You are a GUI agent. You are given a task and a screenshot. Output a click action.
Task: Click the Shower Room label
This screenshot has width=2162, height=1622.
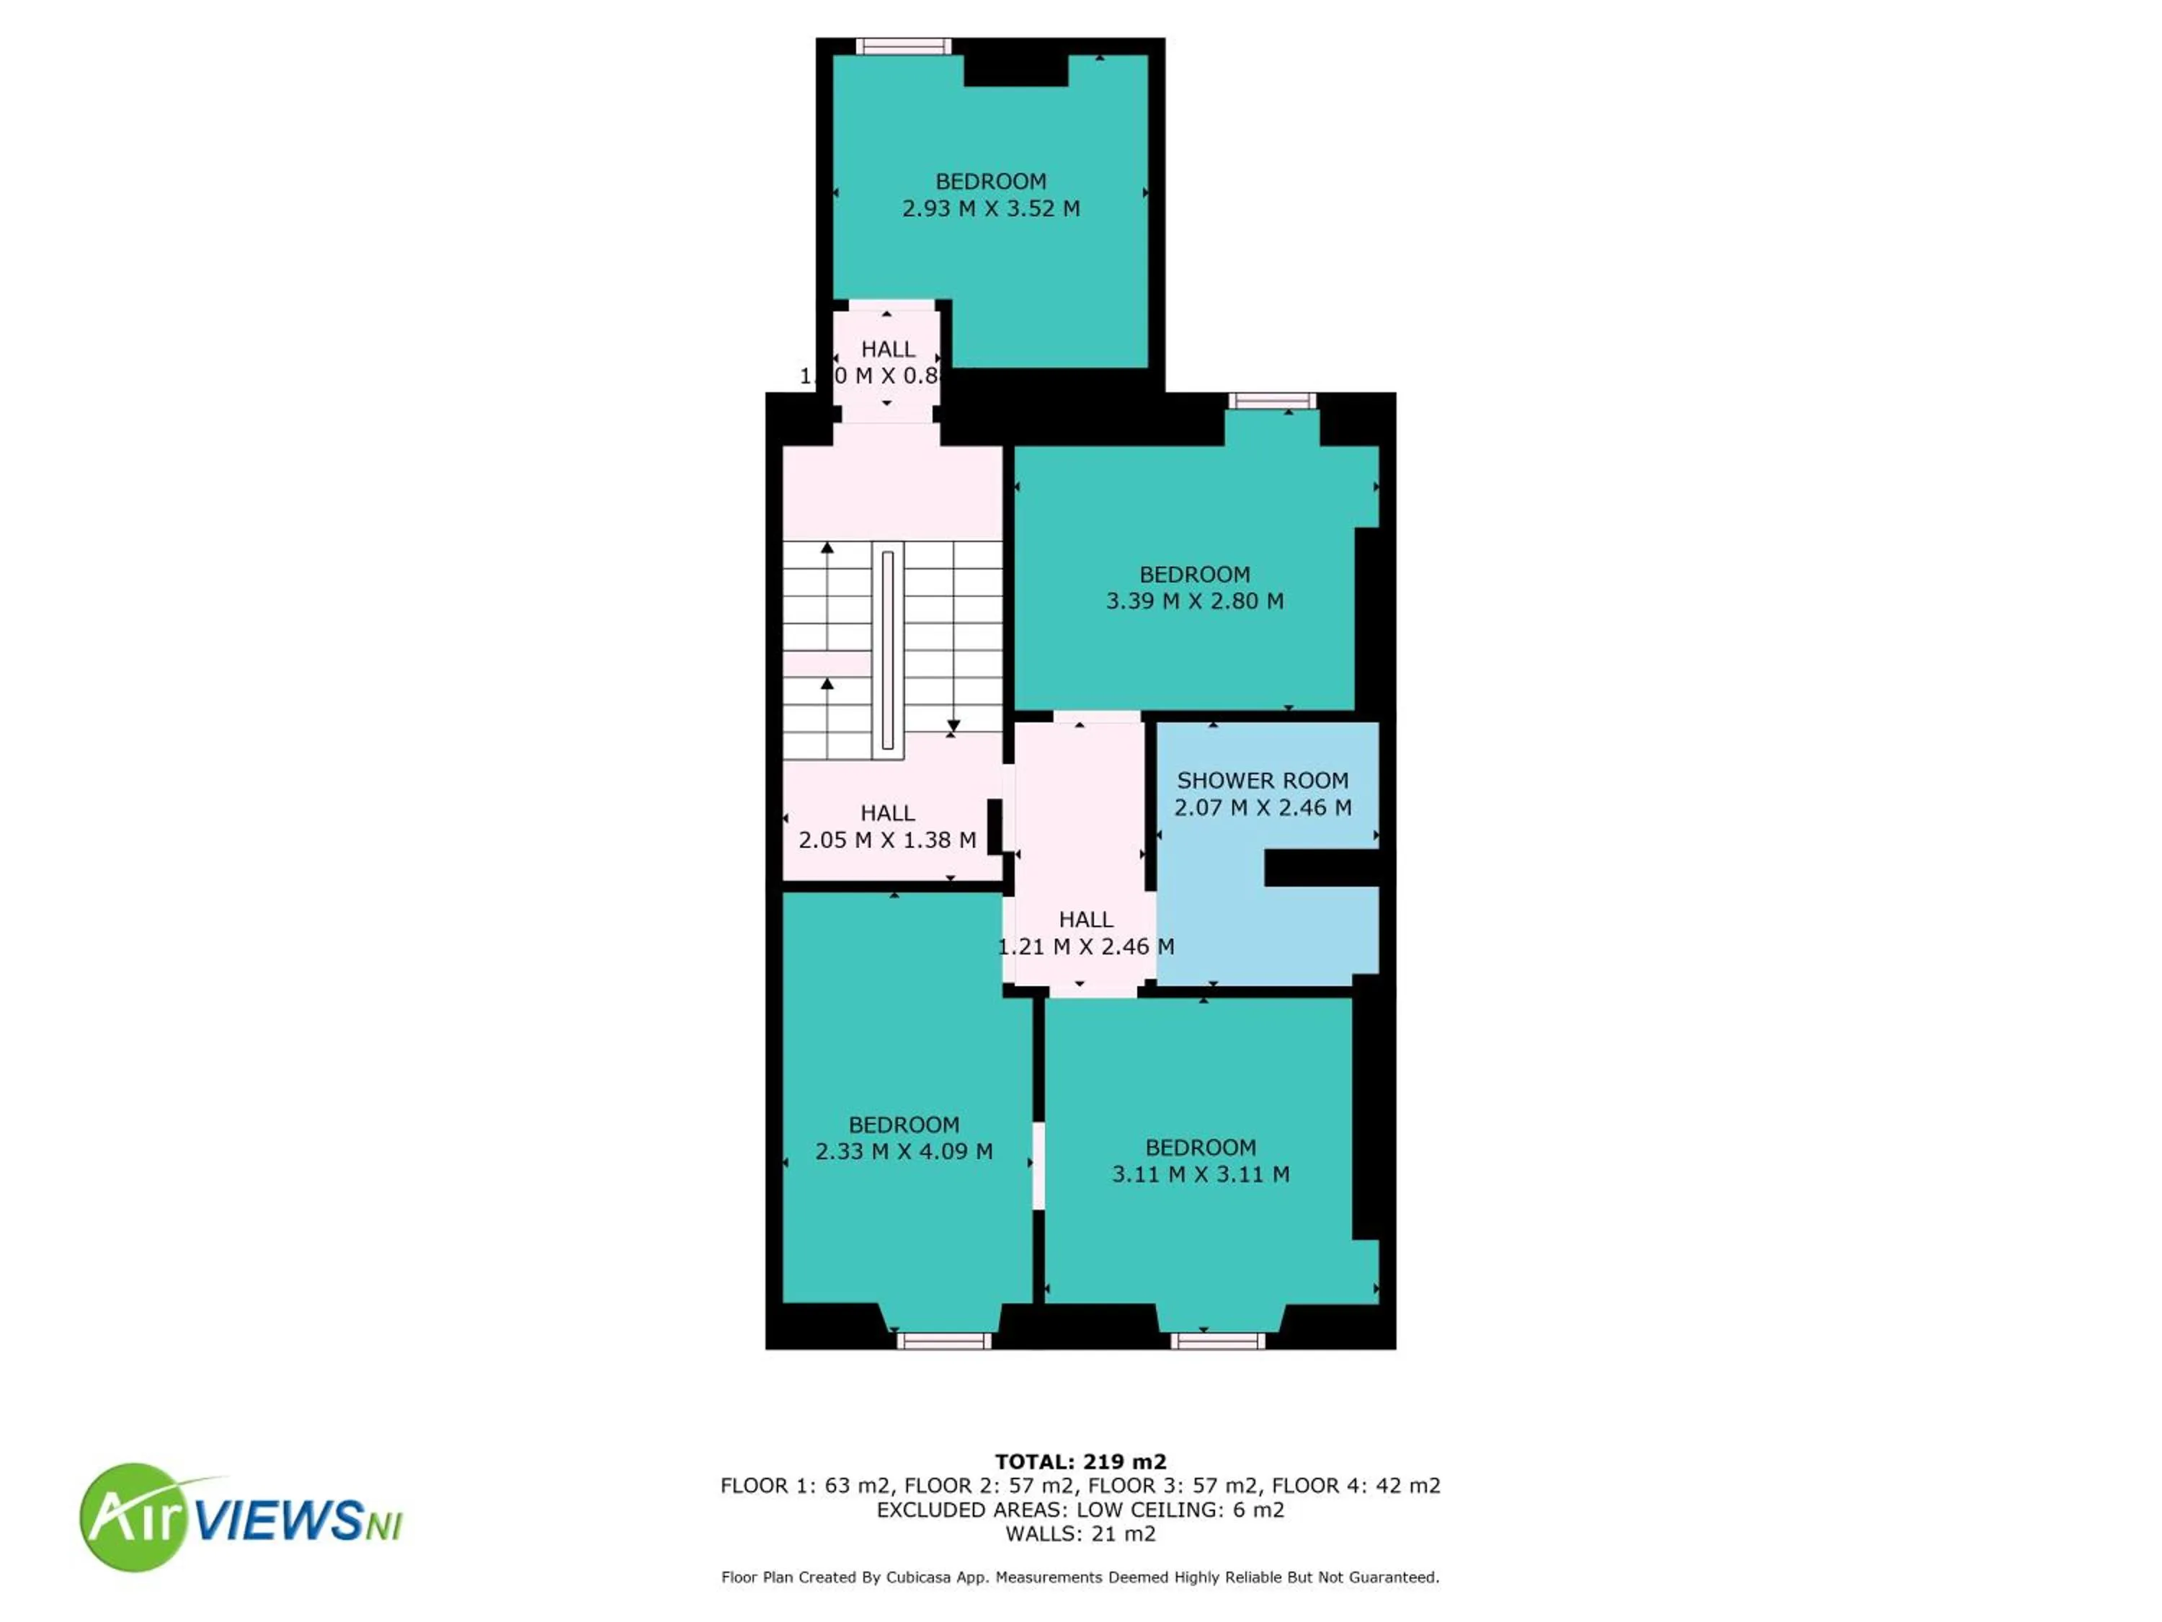[x=1262, y=780]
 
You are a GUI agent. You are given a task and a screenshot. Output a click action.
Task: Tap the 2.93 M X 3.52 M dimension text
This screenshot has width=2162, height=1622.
[x=990, y=208]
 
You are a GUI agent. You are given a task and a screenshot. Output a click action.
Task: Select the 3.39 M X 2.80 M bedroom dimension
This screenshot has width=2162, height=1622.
[x=1194, y=601]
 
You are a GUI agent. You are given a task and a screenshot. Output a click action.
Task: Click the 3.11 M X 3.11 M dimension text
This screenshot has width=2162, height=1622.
[x=1200, y=1174]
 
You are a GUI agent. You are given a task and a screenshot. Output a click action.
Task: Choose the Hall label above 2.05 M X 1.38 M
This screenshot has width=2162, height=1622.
[x=887, y=812]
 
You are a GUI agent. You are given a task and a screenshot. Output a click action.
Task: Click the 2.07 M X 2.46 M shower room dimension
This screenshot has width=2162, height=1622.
[x=1262, y=807]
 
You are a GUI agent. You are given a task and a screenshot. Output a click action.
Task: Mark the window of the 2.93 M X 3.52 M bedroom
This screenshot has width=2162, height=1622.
[x=903, y=46]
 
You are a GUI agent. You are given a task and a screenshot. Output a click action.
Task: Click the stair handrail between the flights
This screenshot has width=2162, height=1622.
[x=887, y=650]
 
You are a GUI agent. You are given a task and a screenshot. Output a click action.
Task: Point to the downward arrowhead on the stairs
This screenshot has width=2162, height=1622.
[x=953, y=727]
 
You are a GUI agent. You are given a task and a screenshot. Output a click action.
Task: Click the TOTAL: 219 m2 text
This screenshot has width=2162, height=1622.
[x=1080, y=1462]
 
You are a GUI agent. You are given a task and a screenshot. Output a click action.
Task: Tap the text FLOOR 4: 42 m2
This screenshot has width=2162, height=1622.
[x=1356, y=1486]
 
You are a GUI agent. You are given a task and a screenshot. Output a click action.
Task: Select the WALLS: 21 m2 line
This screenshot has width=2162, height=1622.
[x=1080, y=1534]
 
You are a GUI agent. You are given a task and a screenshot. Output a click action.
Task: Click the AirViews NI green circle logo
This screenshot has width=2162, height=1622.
[x=132, y=1517]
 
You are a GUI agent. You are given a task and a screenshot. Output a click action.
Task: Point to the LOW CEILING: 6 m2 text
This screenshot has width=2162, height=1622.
[x=1180, y=1510]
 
